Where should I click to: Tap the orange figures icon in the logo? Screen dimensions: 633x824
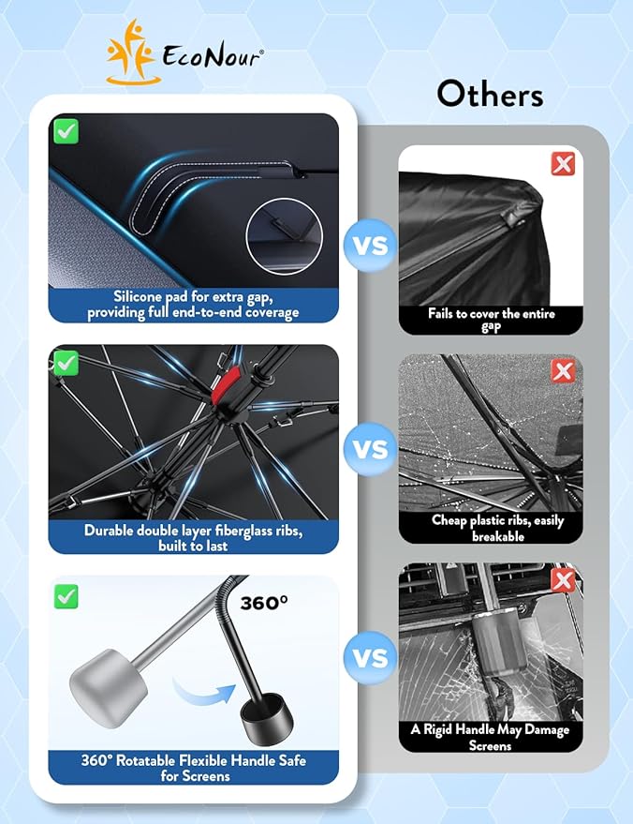click(x=131, y=52)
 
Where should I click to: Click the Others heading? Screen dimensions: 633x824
click(x=490, y=94)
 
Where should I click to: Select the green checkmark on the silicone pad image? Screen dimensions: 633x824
click(x=66, y=131)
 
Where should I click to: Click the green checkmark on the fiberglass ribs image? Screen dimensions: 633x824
click(x=66, y=363)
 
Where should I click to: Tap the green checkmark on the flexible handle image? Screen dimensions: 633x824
click(x=66, y=596)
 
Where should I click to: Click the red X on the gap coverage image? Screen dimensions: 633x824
click(x=563, y=164)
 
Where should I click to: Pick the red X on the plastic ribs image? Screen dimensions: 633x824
click(x=563, y=371)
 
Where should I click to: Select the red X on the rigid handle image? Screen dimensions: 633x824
click(x=563, y=580)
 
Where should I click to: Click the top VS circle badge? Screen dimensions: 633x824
click(x=370, y=246)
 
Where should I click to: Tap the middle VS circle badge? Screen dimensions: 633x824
click(x=370, y=449)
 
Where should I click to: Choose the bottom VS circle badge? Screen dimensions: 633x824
click(x=370, y=657)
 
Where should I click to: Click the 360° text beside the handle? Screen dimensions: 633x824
click(x=264, y=603)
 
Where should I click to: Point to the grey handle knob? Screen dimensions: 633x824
click(x=108, y=688)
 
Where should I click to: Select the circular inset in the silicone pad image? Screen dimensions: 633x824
click(x=284, y=236)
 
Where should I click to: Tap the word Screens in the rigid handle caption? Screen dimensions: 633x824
click(x=490, y=745)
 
